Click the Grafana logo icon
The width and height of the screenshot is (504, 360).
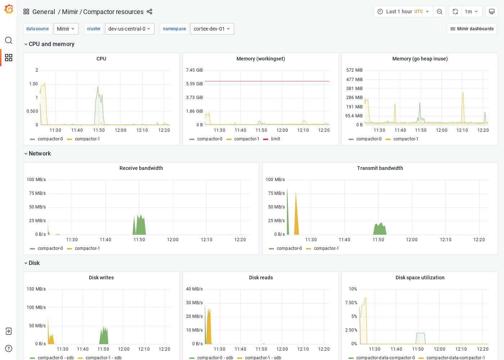tap(9, 9)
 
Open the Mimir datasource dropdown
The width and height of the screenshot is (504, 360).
tap(66, 29)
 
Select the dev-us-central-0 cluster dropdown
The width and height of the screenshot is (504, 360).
tap(130, 29)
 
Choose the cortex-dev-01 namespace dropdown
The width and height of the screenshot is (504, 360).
tap(212, 29)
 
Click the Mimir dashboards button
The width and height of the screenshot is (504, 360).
tap(472, 29)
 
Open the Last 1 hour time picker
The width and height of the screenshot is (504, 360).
tap(403, 12)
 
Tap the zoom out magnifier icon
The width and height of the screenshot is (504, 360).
tap(440, 12)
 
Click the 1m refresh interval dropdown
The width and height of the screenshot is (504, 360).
tap(471, 12)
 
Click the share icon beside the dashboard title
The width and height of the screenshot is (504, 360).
tap(149, 12)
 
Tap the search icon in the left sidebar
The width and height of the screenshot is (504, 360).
tap(9, 40)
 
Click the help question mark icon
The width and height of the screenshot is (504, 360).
tap(9, 348)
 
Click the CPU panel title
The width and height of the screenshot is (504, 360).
tap(101, 59)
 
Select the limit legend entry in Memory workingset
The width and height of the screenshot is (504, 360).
tap(275, 139)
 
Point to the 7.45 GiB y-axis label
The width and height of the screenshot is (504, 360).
tap(194, 70)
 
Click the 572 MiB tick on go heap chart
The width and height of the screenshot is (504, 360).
tap(354, 70)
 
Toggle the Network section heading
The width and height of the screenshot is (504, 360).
tap(40, 154)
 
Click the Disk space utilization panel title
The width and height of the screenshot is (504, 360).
tap(420, 278)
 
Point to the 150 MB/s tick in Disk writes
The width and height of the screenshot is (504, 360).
tap(36, 289)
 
